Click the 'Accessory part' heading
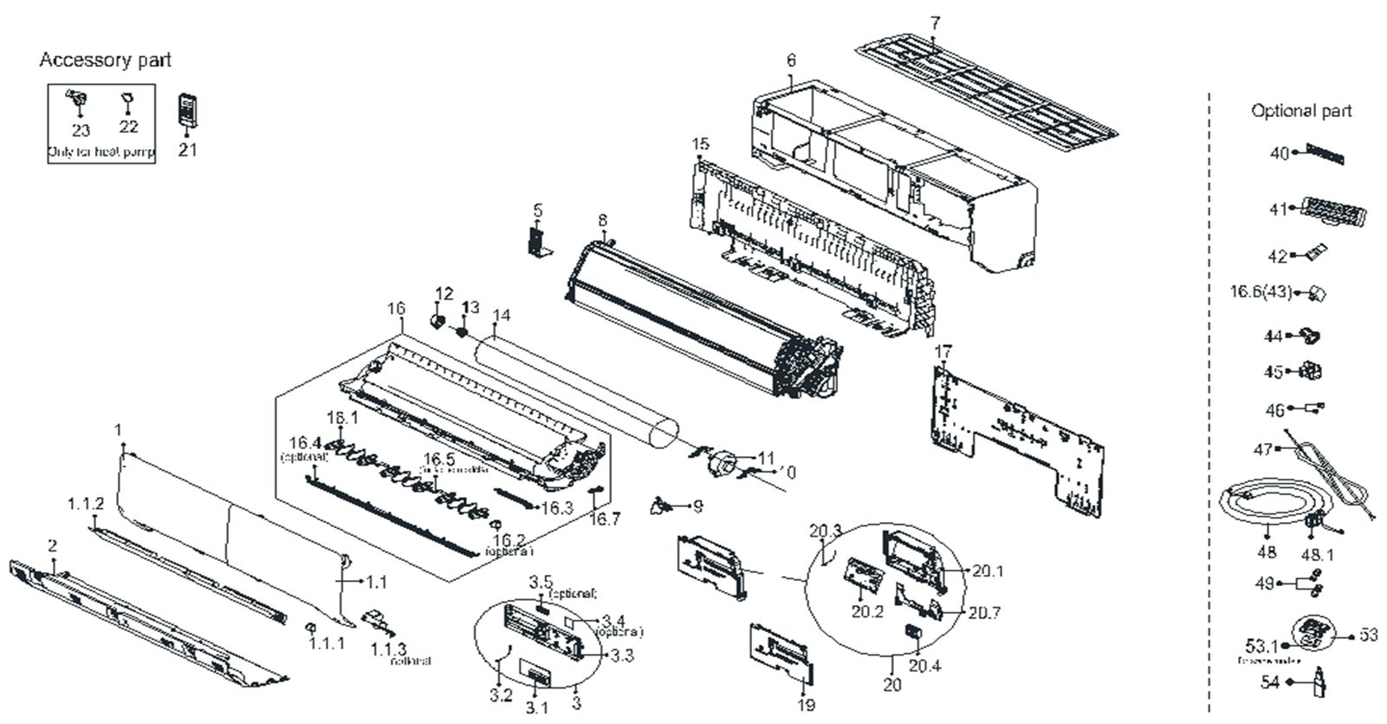click(106, 60)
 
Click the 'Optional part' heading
click(1301, 111)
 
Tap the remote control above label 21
click(188, 110)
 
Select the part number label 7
click(935, 23)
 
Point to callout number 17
click(943, 352)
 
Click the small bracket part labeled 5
click(538, 238)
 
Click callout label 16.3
click(557, 508)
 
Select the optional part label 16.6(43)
click(1261, 292)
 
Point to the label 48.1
click(1319, 552)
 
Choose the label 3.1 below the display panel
click(537, 708)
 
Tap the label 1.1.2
click(86, 504)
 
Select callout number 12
click(444, 295)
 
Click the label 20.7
click(984, 613)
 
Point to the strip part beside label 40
click(1325, 154)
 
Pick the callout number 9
click(697, 505)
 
